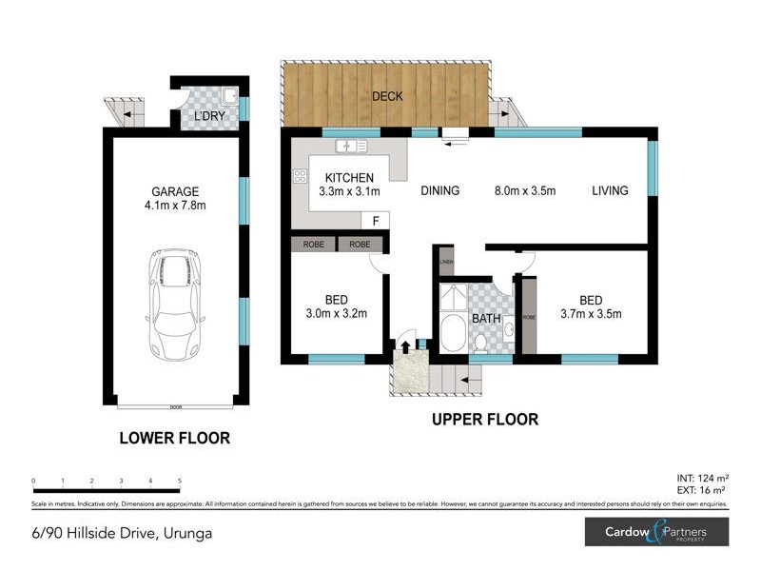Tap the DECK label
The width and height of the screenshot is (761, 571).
387,96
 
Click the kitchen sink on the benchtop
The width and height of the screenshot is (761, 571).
352,147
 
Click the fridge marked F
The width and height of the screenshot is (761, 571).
376,221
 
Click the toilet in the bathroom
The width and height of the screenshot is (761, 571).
481,341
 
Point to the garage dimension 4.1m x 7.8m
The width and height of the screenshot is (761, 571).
174,205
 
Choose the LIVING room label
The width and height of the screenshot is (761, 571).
610,190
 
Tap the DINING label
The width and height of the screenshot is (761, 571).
439,190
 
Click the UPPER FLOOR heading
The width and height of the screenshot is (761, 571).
484,419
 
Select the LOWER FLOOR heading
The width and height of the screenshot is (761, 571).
174,439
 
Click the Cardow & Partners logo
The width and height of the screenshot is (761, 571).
655,531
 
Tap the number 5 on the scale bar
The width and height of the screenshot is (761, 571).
180,482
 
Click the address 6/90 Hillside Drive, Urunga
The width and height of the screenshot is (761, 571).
122,533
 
